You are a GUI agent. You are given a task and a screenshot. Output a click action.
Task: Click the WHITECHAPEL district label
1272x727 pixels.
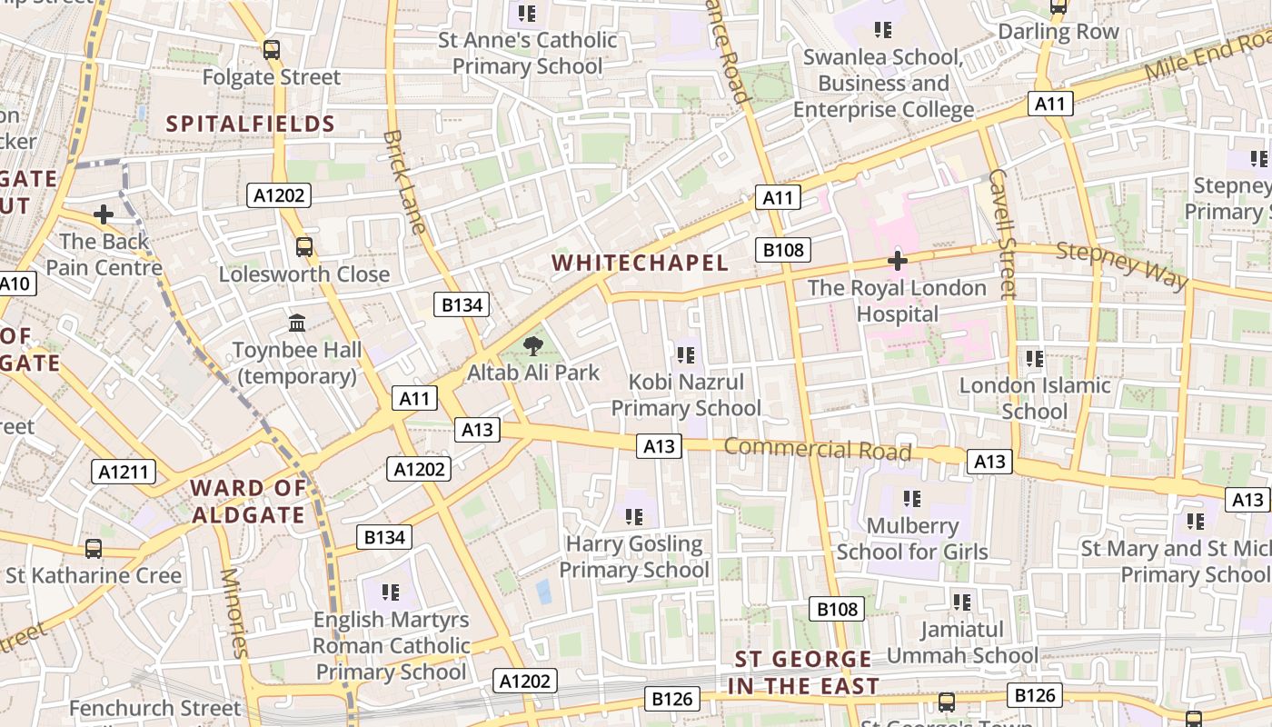point(640,264)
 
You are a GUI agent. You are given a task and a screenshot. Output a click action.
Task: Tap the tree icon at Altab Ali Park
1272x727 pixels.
point(533,345)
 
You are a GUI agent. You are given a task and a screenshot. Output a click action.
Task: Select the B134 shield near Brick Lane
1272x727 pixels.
point(462,304)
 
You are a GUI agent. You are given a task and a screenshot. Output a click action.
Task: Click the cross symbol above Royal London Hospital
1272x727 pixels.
point(897,262)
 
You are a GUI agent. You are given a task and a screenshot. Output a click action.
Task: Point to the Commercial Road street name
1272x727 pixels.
point(817,449)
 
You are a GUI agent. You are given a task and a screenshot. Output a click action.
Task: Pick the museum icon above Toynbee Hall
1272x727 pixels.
point(297,323)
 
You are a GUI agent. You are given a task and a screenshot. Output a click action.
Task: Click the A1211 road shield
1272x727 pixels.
point(124,472)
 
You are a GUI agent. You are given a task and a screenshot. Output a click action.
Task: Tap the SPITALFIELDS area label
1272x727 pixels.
point(251,124)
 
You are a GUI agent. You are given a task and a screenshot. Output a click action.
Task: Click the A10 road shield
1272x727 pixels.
point(15,284)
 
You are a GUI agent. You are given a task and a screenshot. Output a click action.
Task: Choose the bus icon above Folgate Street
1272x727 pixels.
point(271,50)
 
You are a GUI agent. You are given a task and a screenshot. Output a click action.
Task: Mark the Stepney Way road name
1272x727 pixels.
point(1122,266)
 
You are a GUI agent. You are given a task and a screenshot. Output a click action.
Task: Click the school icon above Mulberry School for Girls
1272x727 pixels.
point(912,498)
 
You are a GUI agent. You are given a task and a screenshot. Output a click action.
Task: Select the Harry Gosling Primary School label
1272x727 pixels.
point(634,557)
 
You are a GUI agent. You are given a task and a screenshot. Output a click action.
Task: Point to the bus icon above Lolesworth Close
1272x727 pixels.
point(304,246)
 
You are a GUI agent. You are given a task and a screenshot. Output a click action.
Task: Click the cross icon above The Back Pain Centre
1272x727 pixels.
point(104,214)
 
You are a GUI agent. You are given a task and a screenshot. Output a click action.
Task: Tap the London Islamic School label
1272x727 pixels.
point(1035,398)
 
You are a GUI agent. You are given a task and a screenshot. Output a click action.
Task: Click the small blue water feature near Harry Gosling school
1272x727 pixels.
point(543,592)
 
